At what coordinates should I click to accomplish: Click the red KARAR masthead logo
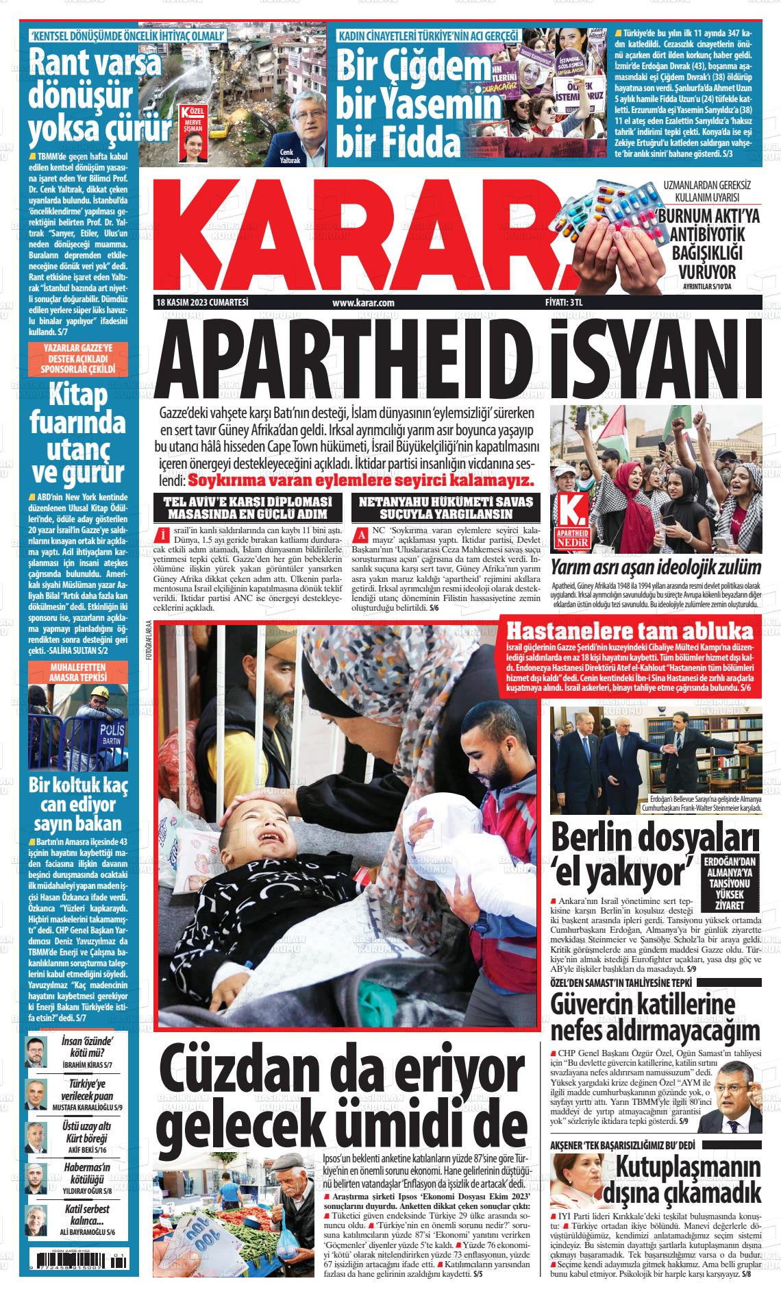pos(356,233)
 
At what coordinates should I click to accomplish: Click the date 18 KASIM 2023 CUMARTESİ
pos(201,302)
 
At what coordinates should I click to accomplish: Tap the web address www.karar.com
pos(363,302)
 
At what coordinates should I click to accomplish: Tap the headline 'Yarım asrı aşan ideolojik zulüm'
pos(656,567)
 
